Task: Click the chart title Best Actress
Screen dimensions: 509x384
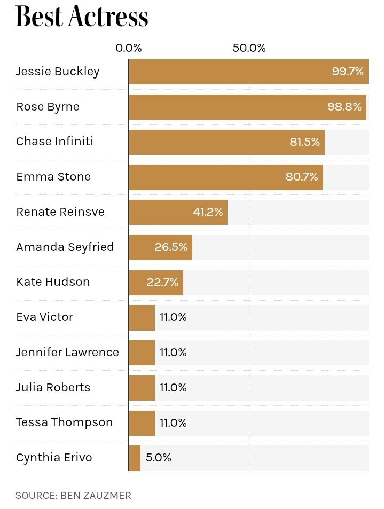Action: coord(82,17)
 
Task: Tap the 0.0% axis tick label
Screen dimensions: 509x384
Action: coord(129,48)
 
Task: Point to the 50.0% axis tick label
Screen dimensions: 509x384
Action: coord(249,48)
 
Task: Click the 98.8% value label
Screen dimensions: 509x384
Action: coord(344,107)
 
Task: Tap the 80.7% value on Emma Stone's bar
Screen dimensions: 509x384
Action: coord(302,177)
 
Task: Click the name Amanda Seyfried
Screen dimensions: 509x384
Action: coord(65,247)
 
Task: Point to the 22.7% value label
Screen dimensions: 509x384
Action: coord(162,283)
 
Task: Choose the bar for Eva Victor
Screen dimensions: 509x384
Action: coord(142,317)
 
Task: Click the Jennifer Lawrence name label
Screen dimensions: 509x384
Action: coord(67,353)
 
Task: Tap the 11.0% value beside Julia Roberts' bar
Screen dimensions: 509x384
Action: coord(173,388)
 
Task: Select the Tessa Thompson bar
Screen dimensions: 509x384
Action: coord(142,422)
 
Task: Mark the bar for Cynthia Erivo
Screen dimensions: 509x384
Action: coord(135,458)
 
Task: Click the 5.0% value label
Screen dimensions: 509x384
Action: coord(158,458)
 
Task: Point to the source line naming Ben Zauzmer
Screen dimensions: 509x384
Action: coord(73,496)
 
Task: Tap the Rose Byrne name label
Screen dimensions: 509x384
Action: coord(48,107)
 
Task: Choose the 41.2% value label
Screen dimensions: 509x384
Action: coord(208,212)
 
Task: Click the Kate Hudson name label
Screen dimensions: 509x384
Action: coord(53,282)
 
